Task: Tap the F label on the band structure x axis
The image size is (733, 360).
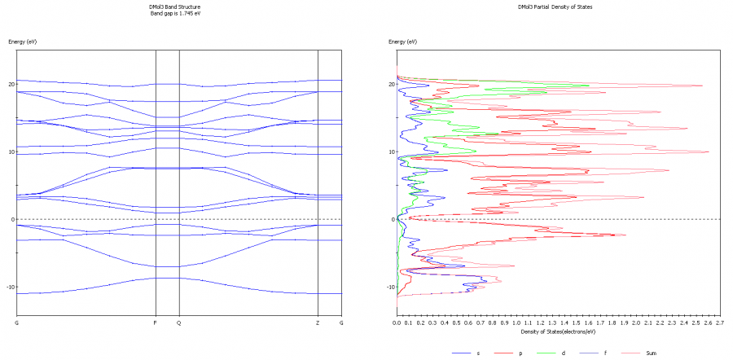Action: coord(156,323)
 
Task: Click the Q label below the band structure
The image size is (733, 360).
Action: coord(178,323)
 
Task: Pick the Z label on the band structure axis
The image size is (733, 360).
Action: coord(318,323)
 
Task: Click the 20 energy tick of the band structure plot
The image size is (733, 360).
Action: coord(11,84)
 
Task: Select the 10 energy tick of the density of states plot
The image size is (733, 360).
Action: coord(391,151)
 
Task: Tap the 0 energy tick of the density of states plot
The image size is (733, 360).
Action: coord(393,219)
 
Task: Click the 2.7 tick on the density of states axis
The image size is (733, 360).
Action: coord(719,323)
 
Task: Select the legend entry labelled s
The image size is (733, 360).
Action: coord(477,353)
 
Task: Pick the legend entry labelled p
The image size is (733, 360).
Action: coord(520,353)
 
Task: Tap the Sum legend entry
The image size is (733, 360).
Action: coord(649,353)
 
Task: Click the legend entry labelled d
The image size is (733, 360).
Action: coord(563,353)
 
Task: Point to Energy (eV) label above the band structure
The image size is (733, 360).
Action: coord(22,41)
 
